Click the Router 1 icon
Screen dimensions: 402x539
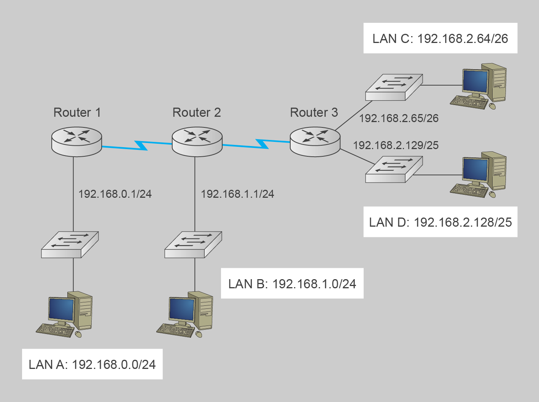77,141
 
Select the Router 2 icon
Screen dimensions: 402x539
197,141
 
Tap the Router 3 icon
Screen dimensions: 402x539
315,141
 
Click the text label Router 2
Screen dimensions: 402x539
197,113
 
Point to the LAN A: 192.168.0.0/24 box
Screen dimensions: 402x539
92,364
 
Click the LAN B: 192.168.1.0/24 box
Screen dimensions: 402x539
292,284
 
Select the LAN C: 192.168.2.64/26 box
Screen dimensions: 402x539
440,38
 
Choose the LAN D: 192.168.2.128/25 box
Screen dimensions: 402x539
440,222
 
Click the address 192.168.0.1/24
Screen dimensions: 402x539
115,194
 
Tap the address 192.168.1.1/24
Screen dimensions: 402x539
237,194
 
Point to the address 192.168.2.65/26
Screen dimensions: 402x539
399,118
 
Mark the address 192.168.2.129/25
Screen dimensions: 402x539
396,145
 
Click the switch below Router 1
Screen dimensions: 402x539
70,245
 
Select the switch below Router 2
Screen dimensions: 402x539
193,245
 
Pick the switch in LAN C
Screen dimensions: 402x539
394,87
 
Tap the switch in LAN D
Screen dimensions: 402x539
394,170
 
